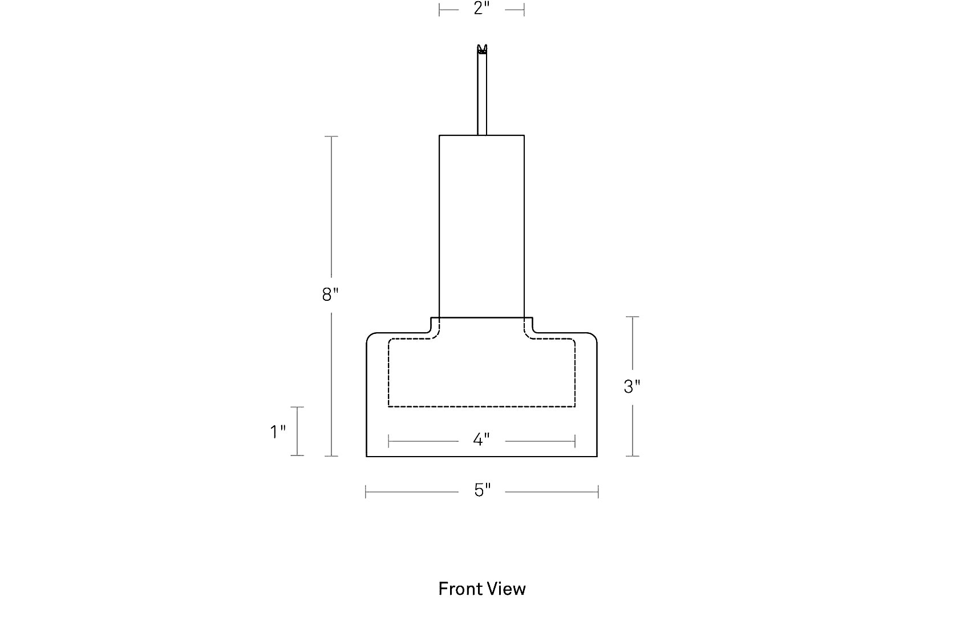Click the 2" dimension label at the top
481,9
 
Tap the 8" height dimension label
330,295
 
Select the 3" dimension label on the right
632,386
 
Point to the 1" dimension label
278,432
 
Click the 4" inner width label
481,440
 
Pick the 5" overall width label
482,490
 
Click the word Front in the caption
459,589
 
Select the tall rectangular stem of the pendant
481,227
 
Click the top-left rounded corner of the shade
369,336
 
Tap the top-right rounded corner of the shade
594,336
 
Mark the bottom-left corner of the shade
367,457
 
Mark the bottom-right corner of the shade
597,457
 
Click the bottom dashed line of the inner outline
481,406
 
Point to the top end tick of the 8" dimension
331,136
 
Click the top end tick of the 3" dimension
632,317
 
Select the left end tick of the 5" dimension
366,491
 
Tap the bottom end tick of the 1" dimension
297,455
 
